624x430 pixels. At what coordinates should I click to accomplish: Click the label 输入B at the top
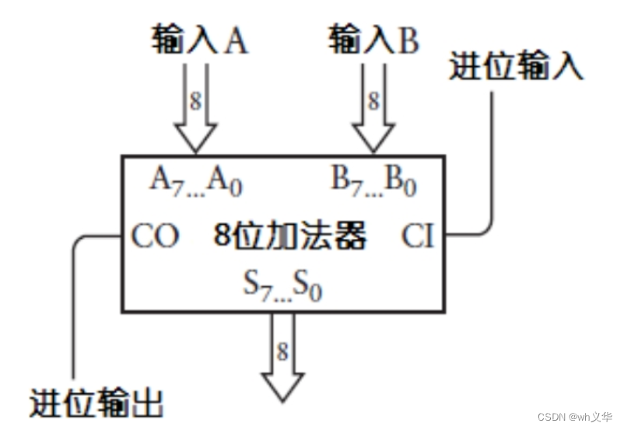click(373, 40)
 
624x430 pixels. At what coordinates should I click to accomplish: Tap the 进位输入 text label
click(516, 68)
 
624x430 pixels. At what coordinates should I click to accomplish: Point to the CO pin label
click(155, 236)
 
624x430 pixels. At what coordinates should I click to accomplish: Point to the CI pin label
click(418, 236)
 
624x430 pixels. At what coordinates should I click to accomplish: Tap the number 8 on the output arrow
click(282, 351)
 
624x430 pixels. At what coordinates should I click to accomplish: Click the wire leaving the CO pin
click(74, 311)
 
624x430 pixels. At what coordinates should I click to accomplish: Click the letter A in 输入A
click(236, 41)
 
